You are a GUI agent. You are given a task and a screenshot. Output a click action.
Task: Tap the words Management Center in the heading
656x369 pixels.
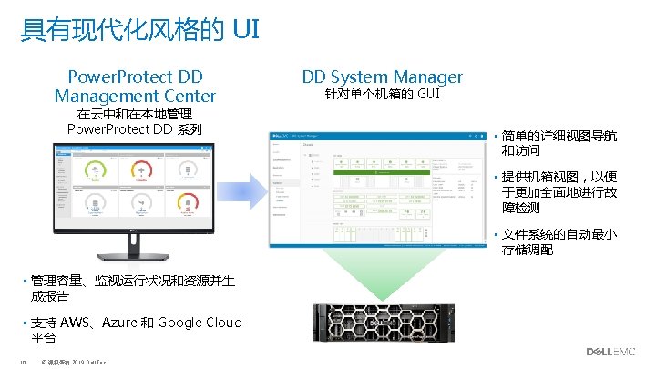[135, 96]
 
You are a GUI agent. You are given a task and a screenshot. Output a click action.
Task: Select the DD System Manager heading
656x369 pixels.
[382, 77]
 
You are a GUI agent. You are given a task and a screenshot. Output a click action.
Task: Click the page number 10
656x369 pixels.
[22, 360]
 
